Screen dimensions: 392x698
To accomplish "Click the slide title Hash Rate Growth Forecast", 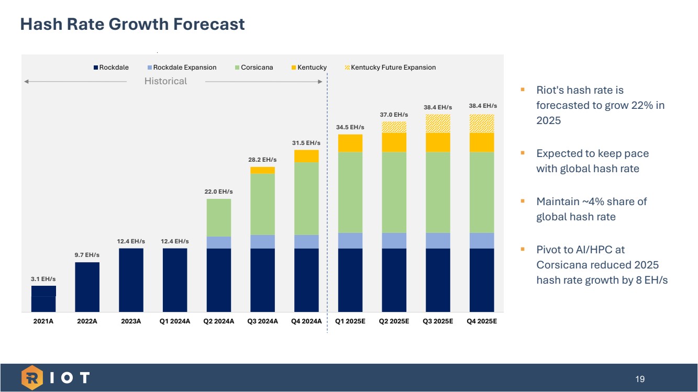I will click(x=132, y=24).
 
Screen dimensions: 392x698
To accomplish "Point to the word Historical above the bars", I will click(x=165, y=81).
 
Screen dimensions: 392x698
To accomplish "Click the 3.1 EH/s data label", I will click(x=43, y=279).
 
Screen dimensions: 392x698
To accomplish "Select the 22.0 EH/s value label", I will click(x=219, y=192).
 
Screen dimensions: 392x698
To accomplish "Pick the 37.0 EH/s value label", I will click(x=394, y=115).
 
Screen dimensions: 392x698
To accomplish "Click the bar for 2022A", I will click(x=87, y=287).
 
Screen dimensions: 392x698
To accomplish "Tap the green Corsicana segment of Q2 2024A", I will click(x=219, y=217).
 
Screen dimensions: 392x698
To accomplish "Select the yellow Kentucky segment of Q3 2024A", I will click(x=263, y=170).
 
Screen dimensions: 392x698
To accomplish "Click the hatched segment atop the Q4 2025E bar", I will click(x=482, y=124).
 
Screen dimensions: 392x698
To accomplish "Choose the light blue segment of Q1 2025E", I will click(x=350, y=241).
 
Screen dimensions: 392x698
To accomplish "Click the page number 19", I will click(x=640, y=379).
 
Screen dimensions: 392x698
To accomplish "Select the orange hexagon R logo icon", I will click(x=32, y=378).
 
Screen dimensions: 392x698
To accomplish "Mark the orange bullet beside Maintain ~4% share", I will click(x=523, y=200).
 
